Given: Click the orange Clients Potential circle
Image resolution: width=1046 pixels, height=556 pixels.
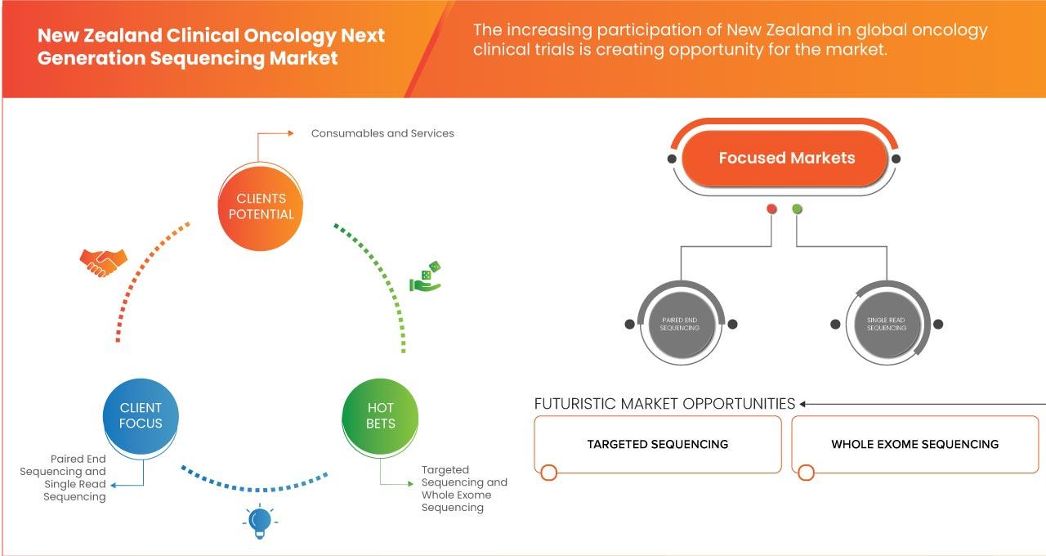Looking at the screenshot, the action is (260, 207).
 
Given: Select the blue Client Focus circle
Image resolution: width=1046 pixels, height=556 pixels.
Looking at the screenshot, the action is (141, 416).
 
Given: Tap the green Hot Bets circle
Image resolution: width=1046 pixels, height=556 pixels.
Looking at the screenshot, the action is (380, 416).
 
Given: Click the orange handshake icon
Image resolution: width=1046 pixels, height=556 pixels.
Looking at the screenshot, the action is (103, 262).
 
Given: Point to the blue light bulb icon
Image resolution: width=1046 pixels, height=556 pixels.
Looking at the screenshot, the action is (260, 522).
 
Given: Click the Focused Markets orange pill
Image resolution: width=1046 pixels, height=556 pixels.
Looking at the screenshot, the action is (785, 159).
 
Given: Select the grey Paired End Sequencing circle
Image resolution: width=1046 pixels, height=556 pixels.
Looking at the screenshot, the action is (681, 325).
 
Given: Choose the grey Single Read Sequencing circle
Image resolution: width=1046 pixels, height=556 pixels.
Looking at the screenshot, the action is (887, 325).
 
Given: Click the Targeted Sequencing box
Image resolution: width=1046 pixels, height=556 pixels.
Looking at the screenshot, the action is (658, 444).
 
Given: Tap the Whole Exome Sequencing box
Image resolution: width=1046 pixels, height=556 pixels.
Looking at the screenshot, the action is (914, 444).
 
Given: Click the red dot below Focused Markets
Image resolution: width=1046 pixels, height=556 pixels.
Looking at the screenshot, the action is (771, 208).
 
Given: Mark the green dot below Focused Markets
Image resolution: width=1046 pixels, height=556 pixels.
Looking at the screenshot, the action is (797, 208).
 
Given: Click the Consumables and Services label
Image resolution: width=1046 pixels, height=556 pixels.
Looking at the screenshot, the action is (382, 133).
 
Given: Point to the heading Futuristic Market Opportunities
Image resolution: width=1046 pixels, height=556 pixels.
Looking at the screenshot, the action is (664, 404).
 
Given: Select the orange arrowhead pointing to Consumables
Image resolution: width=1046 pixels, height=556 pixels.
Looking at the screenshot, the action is (290, 133).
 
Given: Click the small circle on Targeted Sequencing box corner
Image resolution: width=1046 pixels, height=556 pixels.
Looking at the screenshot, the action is (548, 473).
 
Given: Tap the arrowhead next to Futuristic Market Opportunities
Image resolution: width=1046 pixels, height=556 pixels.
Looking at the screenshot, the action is (802, 404).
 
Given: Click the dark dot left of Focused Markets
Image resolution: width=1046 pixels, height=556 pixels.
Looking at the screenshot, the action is (672, 159).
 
